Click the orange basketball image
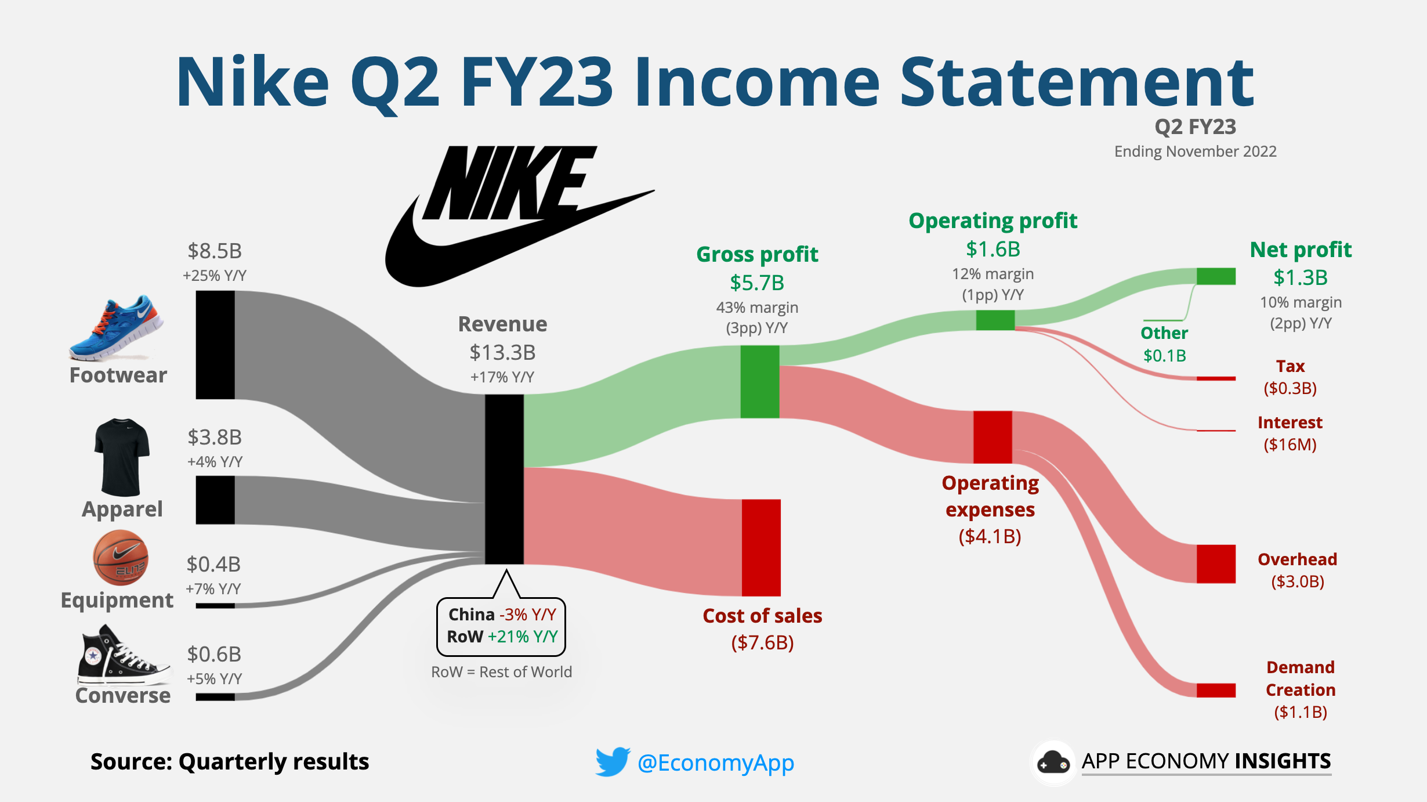[x=121, y=557]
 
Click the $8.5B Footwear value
[x=215, y=251]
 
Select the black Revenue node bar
[x=504, y=479]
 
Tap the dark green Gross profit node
[x=759, y=381]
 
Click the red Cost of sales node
[x=761, y=547]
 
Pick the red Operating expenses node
[x=993, y=436]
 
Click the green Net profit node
[x=1216, y=276]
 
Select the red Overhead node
[x=1216, y=563]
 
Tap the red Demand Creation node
[x=1216, y=690]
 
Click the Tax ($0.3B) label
[x=1290, y=377]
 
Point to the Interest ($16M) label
[x=1290, y=433]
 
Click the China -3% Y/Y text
[x=502, y=615]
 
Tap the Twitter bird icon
[x=612, y=761]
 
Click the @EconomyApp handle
[x=715, y=763]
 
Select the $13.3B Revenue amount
[x=502, y=352]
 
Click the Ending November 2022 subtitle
[x=1195, y=151]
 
